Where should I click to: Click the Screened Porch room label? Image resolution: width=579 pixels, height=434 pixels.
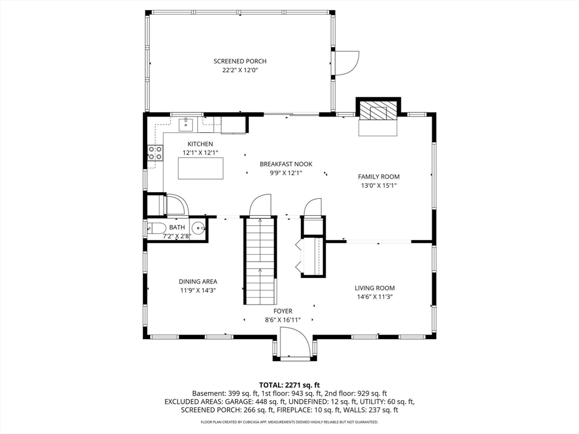(x=240, y=61)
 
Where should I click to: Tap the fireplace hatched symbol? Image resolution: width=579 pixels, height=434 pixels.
(x=378, y=111)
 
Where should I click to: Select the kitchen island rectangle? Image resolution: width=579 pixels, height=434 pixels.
(x=201, y=168)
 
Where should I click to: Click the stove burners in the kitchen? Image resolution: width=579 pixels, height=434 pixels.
(x=155, y=153)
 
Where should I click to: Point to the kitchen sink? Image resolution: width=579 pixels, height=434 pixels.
(x=186, y=124)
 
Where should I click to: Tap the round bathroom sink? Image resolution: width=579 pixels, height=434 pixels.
(x=198, y=228)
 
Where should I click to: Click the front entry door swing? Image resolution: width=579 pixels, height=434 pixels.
(x=294, y=345)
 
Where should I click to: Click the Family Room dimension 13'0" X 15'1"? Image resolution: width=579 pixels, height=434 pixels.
(x=379, y=185)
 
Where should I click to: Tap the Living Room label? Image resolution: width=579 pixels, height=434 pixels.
(x=375, y=288)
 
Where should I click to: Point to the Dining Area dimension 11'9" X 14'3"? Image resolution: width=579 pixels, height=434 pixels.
(x=198, y=290)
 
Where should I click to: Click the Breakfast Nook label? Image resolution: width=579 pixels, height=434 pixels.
(x=286, y=164)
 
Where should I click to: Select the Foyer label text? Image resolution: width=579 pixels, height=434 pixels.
(x=283, y=311)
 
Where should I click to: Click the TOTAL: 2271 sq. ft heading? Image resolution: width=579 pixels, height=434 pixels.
(x=289, y=385)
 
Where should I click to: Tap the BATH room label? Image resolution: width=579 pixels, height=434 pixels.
(x=177, y=228)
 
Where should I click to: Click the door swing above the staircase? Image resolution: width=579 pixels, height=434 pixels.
(x=261, y=206)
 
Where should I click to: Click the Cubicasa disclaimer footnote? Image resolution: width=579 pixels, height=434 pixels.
(x=289, y=422)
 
